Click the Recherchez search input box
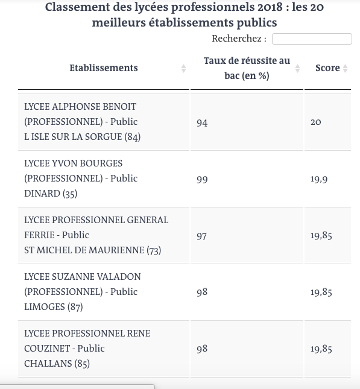point(312,39)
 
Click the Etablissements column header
point(104,68)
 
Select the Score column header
point(327,68)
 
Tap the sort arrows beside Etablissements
point(183,69)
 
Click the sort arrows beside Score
point(346,69)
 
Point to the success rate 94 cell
point(202,122)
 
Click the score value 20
point(316,122)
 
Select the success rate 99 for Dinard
point(202,179)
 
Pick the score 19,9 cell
point(319,179)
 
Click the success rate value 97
point(202,236)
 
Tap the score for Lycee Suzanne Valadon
point(321,292)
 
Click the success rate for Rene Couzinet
point(202,349)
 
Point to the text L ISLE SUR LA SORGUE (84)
point(82,137)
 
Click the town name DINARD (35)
point(51,194)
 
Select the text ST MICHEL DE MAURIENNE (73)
point(93,250)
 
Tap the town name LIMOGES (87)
point(53,307)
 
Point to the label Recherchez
point(239,39)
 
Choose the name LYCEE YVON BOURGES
point(74,163)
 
